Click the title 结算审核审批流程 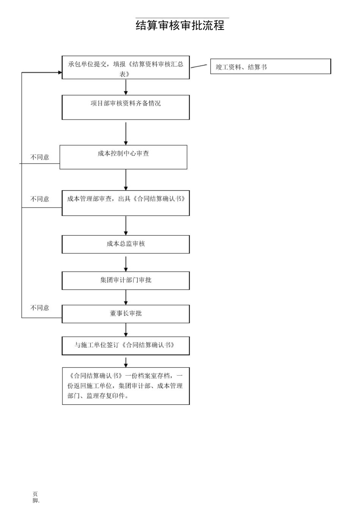[180, 25]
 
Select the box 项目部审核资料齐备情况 [125, 107]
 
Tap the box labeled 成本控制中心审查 [123, 157]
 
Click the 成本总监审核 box [125, 244]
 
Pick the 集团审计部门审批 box [125, 281]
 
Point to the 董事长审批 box [125, 314]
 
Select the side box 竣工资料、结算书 [270, 67]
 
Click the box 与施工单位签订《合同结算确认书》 [125, 346]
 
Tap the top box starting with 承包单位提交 [125, 68]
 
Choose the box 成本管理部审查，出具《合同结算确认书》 [125, 203]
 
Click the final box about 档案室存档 [125, 386]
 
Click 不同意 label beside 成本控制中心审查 [40, 157]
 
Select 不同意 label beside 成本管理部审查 [40, 199]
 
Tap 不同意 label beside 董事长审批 [40, 308]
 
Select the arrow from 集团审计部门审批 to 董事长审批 [126, 298]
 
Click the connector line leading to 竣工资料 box [199, 66]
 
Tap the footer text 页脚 [35, 497]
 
